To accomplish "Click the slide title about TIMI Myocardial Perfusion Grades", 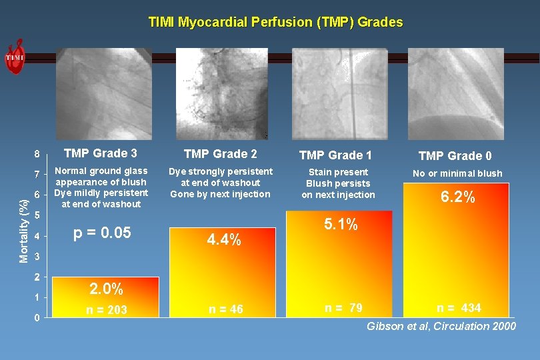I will coord(275,22).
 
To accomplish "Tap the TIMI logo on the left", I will coord(15,57).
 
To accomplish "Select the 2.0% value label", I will coord(105,289).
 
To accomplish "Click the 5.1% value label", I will coord(341,225).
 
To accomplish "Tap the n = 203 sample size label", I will coord(107,309).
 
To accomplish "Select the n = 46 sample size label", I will coord(226,309).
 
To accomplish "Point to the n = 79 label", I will coord(343,308).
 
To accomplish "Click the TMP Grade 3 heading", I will coord(101,153).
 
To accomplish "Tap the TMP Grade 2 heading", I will coord(220,154).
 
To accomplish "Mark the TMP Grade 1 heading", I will coord(335,155).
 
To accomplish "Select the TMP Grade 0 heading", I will coord(455,156).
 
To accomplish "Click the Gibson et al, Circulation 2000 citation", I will coord(441,326).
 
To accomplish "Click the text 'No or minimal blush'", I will coord(457,173).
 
